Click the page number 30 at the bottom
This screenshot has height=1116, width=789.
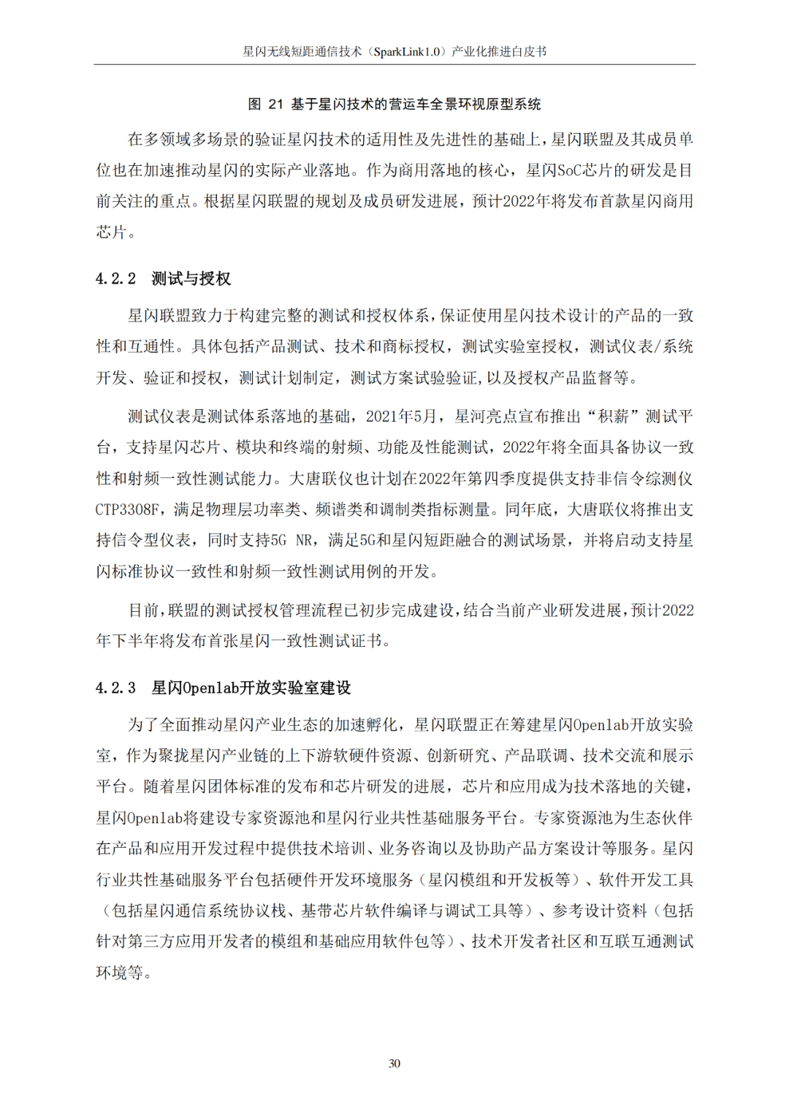point(394,1063)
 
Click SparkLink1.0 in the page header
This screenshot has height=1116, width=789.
point(407,52)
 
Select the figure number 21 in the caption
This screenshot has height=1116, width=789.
point(275,105)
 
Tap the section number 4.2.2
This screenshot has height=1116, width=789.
point(115,278)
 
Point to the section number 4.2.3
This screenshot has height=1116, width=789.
point(115,688)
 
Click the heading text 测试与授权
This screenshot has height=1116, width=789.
point(191,278)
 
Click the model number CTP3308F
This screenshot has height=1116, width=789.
point(126,509)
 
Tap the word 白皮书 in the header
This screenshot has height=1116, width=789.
point(530,52)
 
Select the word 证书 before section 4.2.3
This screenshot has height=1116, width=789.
point(367,641)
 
